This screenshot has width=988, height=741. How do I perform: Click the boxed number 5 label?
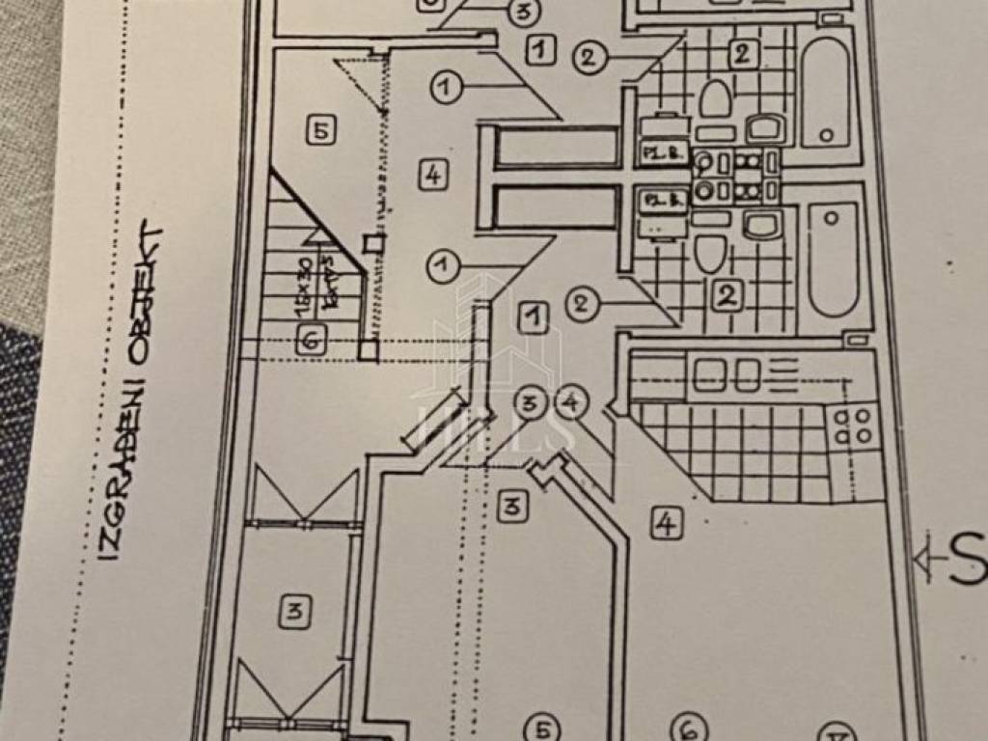(322, 129)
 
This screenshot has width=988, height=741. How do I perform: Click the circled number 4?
(571, 403)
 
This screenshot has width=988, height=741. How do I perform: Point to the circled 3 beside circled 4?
(528, 403)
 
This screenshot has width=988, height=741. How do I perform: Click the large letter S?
(968, 562)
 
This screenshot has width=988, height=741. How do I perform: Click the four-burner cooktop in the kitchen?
(852, 425)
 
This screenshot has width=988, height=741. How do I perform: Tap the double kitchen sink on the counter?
(724, 374)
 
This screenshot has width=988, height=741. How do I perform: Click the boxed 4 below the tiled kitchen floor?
(664, 523)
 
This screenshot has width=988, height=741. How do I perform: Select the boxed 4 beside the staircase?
(434, 175)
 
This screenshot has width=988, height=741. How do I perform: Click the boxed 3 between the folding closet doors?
(294, 610)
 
